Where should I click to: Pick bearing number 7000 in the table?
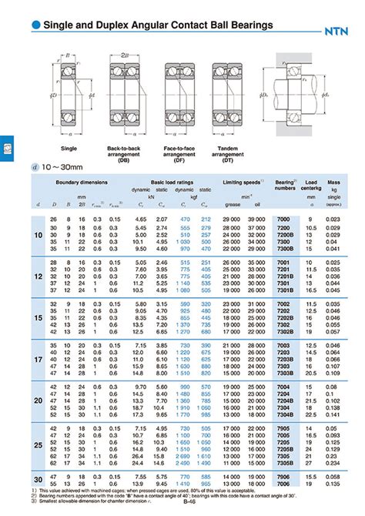click(x=283, y=220)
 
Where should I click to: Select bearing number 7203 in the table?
click(x=284, y=352)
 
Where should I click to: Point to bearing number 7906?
click(x=284, y=476)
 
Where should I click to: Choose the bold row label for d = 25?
click(x=39, y=445)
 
